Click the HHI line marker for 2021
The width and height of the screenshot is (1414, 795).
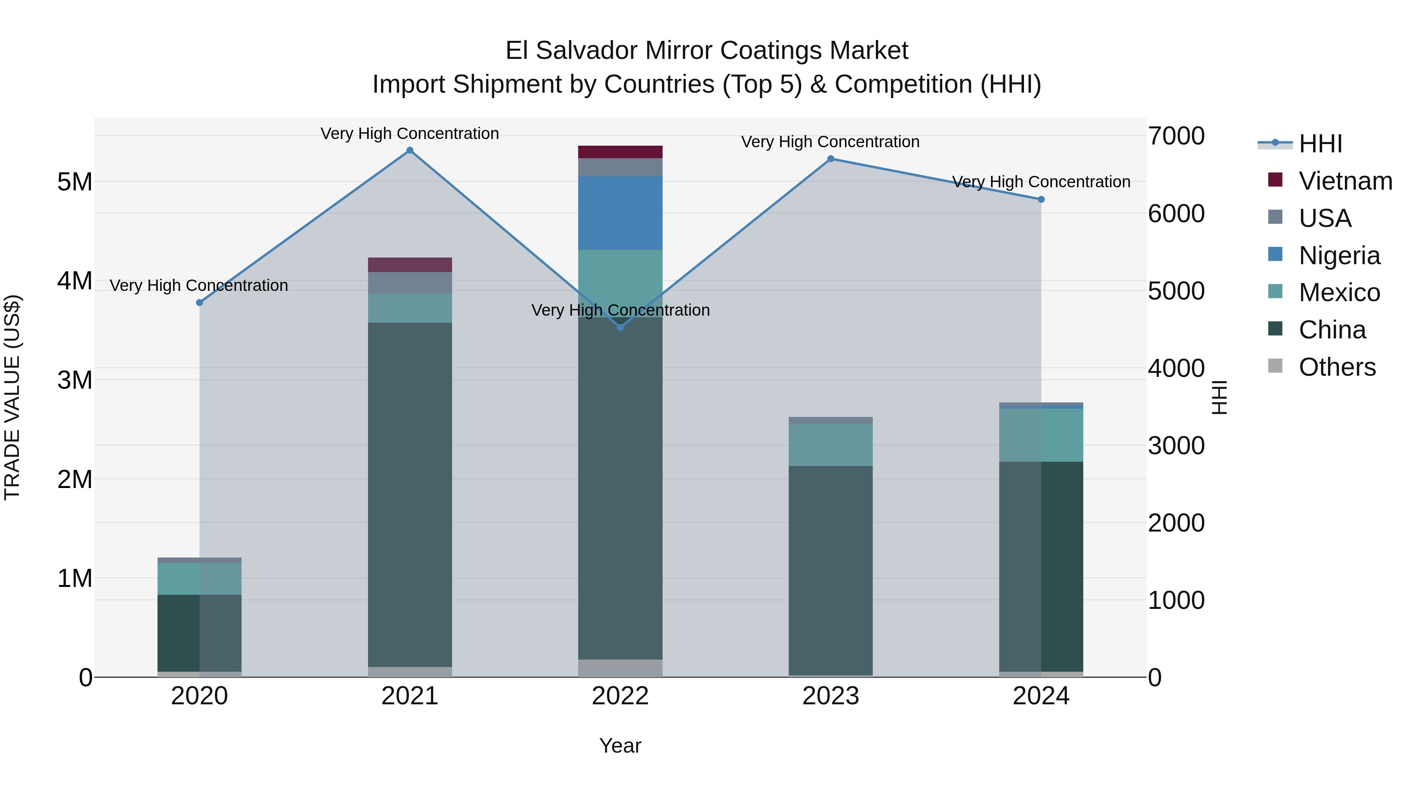[410, 150]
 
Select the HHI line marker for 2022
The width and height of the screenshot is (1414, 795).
[620, 327]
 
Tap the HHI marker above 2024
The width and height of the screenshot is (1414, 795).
[1041, 200]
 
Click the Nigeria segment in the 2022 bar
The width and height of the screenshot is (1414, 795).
[620, 213]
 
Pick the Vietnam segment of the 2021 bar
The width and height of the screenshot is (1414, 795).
[410, 265]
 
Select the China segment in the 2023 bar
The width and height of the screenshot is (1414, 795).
[830, 570]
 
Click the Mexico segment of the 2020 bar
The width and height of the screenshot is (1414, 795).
[199, 579]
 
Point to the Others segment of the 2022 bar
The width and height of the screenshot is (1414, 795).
[620, 668]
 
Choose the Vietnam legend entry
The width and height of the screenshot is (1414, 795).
[1344, 181]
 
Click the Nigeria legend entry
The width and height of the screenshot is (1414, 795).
[1339, 256]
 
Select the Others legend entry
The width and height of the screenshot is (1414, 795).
[1337, 367]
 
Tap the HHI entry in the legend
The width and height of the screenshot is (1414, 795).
[1320, 144]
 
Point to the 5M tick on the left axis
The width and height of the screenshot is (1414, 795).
[75, 182]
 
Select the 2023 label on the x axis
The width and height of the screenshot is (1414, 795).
[830, 696]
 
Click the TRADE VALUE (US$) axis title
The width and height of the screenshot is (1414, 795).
[12, 397]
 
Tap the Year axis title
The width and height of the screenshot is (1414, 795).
[620, 746]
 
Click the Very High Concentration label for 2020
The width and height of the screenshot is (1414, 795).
[199, 285]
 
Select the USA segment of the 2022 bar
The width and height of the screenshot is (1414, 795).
[620, 167]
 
